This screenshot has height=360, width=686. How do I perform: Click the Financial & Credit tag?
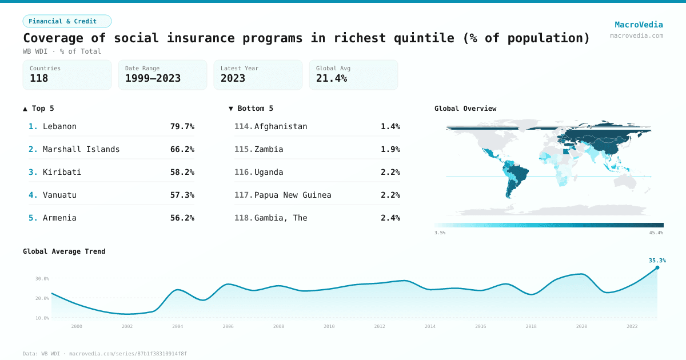tap(67, 21)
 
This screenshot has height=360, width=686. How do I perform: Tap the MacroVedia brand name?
tap(639, 25)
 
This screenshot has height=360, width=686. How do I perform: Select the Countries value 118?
tap(39, 78)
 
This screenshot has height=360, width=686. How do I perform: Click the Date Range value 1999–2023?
tap(153, 78)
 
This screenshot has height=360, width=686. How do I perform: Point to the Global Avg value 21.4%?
tap(332, 78)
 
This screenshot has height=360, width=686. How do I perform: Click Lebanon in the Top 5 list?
tap(59, 126)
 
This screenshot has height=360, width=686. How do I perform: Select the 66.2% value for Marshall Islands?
tap(182, 149)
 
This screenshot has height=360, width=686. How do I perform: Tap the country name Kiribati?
tap(62, 172)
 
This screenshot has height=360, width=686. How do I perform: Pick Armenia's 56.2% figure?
tap(182, 218)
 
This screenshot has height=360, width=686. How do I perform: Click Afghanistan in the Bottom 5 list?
tap(281, 126)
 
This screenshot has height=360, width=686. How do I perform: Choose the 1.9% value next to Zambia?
tap(390, 149)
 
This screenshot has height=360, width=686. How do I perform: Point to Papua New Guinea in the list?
tap(293, 195)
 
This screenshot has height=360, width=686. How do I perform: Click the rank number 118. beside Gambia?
tap(244, 218)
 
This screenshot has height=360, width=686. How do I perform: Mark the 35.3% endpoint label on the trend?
tap(657, 261)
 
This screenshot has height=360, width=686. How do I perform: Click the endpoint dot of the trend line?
tap(657, 267)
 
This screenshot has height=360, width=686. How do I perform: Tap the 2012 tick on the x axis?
tap(380, 326)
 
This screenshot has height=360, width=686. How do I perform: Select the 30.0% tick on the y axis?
tap(42, 279)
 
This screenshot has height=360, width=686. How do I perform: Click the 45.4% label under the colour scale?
tap(656, 233)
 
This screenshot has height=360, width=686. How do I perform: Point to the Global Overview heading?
tap(465, 109)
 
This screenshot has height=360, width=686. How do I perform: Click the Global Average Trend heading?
tap(64, 251)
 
